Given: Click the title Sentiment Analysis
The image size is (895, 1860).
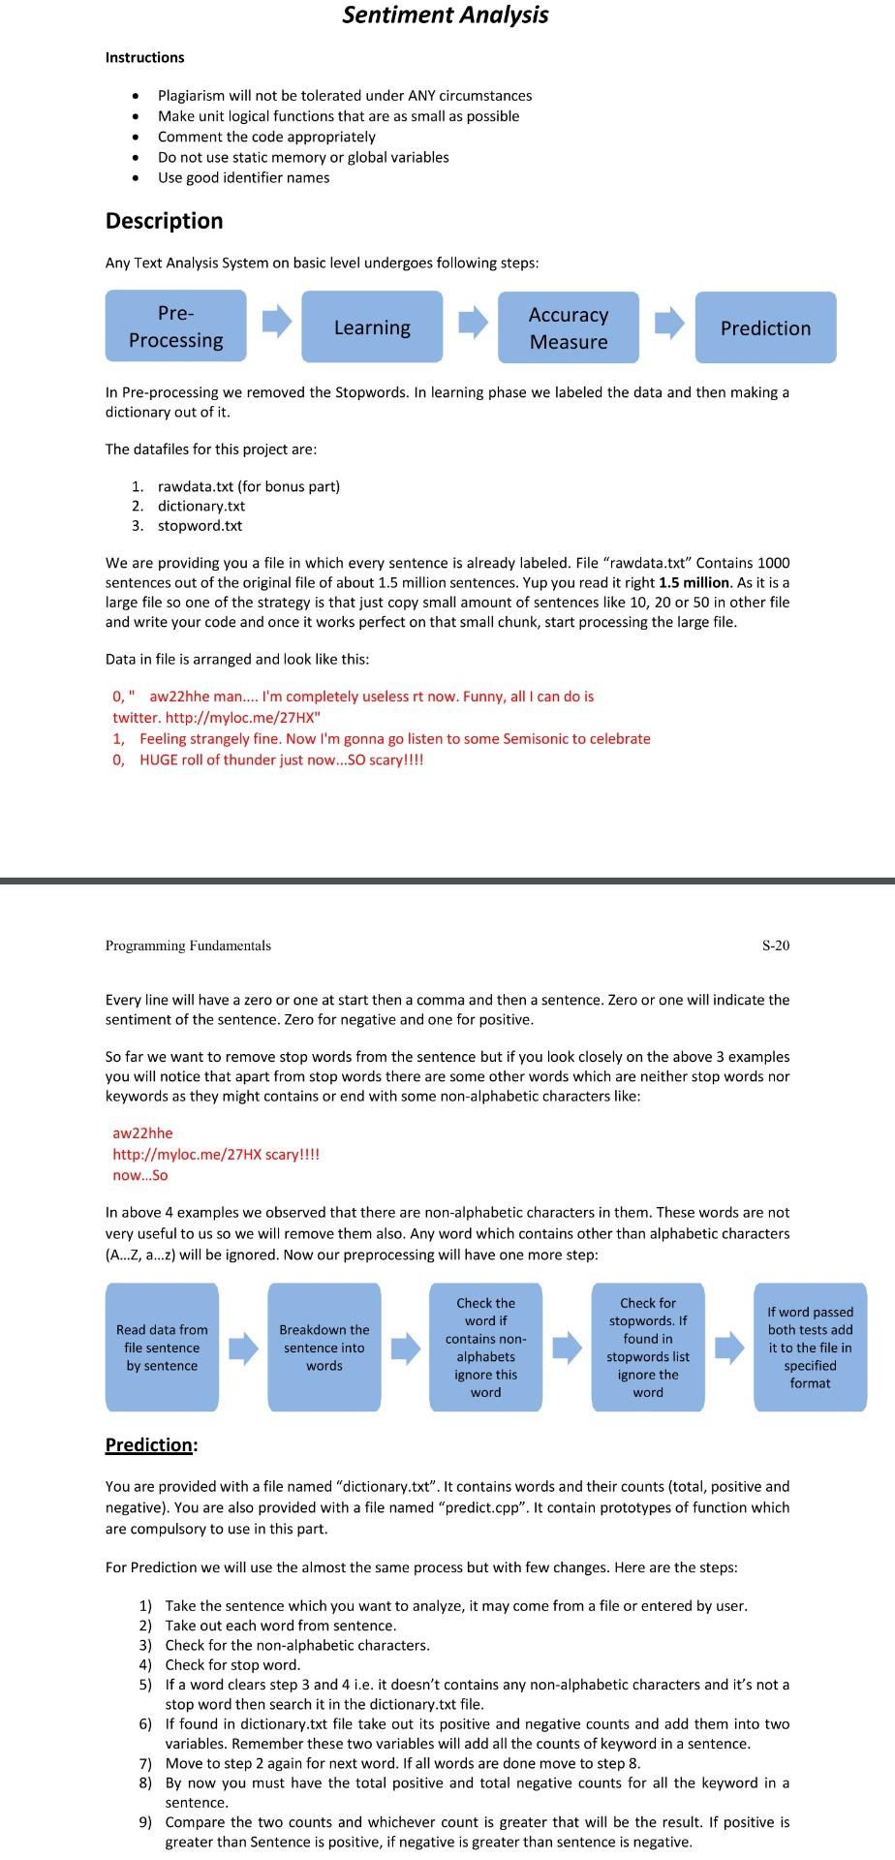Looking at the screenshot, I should [446, 15].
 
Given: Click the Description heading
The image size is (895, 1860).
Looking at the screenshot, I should [164, 221].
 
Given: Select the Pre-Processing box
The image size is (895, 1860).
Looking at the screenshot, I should [175, 327].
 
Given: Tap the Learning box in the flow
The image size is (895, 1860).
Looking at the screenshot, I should [372, 327].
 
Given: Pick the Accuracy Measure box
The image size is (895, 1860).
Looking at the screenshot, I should [569, 327].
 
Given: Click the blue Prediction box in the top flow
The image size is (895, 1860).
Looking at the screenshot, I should [765, 327].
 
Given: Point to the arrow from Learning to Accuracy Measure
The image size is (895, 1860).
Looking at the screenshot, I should [473, 323].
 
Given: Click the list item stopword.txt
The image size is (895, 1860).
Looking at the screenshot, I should [200, 526].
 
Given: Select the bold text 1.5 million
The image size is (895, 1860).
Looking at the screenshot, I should [694, 582].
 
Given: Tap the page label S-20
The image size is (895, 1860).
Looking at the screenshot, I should [775, 945].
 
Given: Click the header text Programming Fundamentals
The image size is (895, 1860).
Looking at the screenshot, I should [188, 945].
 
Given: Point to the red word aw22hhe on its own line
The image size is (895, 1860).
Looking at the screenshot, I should [142, 1133].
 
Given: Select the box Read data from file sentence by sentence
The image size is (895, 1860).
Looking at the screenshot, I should [162, 1348].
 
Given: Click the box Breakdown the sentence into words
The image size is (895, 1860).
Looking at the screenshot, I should [324, 1348].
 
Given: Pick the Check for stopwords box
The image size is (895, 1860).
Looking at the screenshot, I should [648, 1348].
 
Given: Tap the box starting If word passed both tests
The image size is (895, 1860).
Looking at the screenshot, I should [810, 1348].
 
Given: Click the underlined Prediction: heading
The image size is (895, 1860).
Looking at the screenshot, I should [151, 1444].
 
